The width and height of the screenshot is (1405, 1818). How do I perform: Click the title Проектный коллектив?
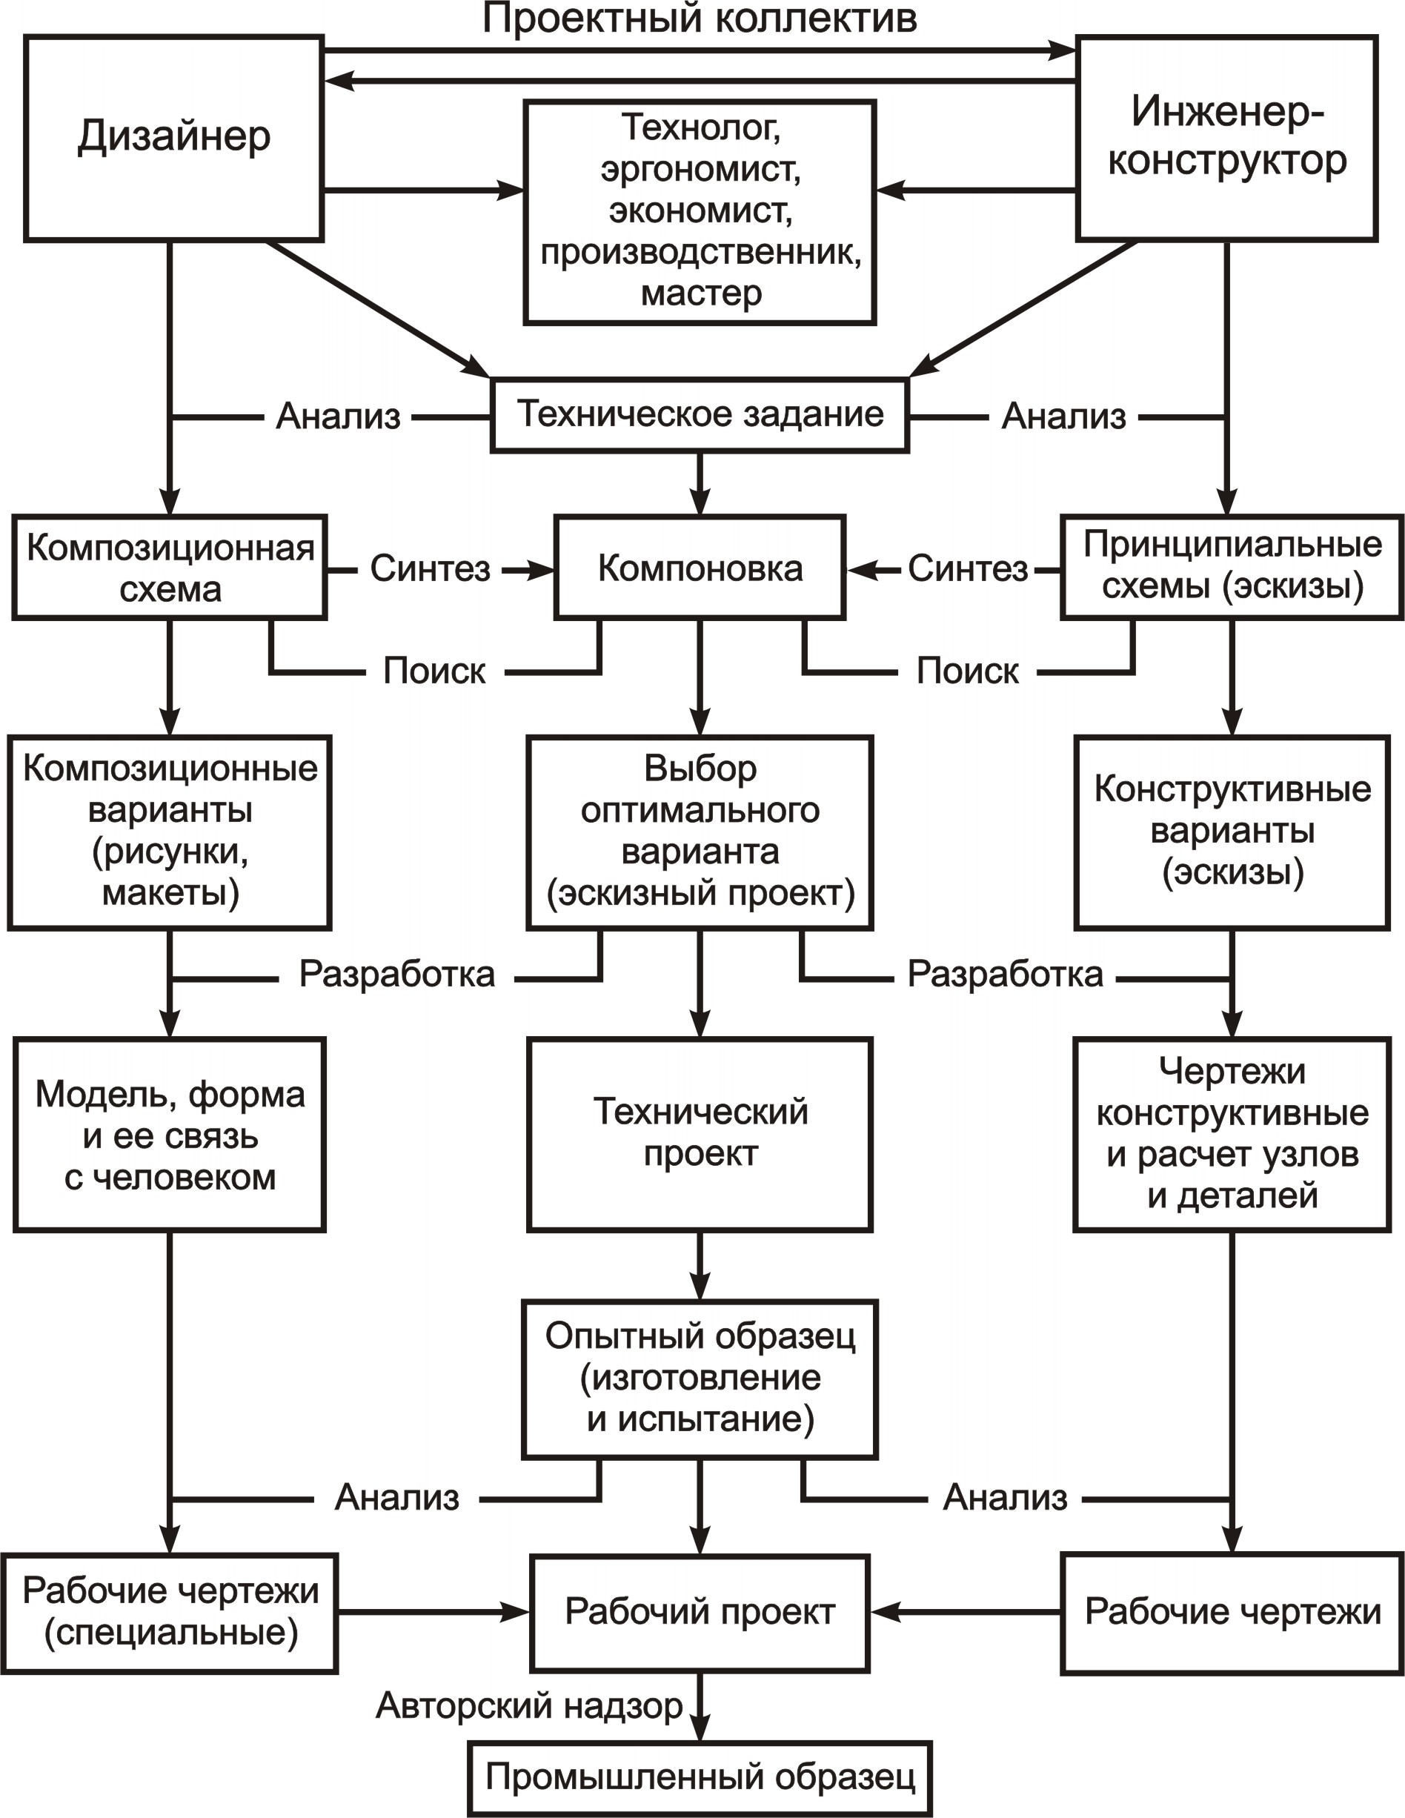pos(700,19)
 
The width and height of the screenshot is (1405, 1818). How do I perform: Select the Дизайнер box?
pos(173,138)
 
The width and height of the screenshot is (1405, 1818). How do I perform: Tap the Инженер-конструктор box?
pos(1227,138)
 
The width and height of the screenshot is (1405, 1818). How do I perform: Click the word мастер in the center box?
pos(701,293)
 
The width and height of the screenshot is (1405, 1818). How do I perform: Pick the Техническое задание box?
pos(700,415)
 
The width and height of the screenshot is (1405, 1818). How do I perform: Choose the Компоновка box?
pos(700,568)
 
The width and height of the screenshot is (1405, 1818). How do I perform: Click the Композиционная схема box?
pos(170,568)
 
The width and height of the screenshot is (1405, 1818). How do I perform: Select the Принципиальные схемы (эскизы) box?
pos(1232,568)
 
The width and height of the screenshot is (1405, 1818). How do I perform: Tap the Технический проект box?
pos(700,1134)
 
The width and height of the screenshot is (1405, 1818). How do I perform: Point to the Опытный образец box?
pos(700,1379)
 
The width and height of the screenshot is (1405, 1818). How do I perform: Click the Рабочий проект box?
pos(700,1613)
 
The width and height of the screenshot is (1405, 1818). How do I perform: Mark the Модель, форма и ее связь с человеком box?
pos(170,1134)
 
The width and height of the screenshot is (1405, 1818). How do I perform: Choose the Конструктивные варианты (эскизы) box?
pos(1232,832)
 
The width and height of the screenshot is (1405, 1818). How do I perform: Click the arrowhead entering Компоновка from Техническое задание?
pos(700,502)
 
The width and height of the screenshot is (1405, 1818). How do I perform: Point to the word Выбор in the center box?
pos(701,769)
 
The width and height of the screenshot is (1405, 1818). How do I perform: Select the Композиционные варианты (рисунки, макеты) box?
pos(170,832)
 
